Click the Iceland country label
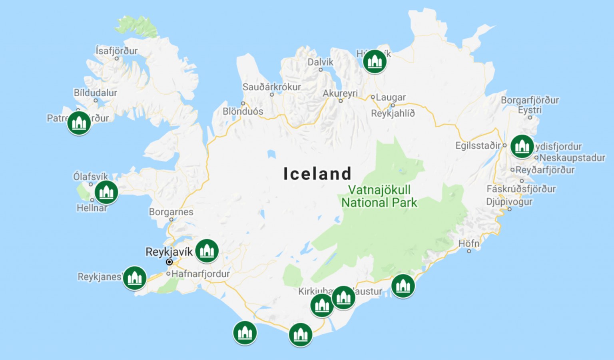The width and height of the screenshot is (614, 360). click(x=317, y=174)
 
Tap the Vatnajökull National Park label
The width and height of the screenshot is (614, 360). click(x=379, y=196)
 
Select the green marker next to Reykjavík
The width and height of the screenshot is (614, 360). click(x=207, y=251)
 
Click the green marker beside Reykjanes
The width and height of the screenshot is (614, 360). click(x=134, y=278)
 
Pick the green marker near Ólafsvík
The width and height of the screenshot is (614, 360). click(x=106, y=192)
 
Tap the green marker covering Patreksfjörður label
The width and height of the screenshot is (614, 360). click(x=79, y=123)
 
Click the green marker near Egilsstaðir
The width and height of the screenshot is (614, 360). click(x=522, y=146)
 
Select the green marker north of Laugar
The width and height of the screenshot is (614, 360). click(x=375, y=62)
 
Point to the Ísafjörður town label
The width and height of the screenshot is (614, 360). click(x=116, y=51)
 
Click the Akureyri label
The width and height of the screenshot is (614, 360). click(x=340, y=93)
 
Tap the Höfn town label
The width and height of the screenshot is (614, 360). click(x=469, y=243)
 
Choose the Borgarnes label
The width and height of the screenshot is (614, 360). click(x=171, y=212)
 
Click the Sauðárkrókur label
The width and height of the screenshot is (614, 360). click(x=272, y=87)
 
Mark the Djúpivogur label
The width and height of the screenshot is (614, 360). click(x=509, y=201)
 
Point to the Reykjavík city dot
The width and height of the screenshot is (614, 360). click(x=169, y=262)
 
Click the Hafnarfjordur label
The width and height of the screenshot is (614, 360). click(x=200, y=274)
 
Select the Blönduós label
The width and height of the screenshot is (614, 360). click(x=243, y=111)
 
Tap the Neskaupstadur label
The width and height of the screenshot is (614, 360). click(x=572, y=158)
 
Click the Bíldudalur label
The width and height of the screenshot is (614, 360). click(x=96, y=93)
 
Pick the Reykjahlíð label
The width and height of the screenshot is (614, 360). click(x=393, y=113)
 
